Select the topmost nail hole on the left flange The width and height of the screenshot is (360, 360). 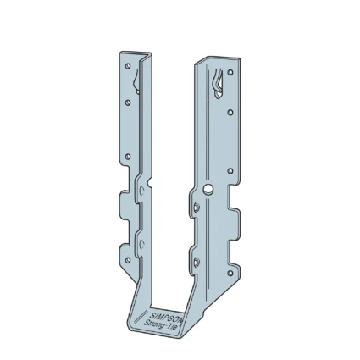pos(127,65)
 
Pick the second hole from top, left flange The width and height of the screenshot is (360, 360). pos(128,102)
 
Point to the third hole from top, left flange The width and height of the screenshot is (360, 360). pos(127,157)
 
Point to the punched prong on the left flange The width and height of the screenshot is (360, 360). pos(137,80)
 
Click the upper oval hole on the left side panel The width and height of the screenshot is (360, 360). pos(141,200)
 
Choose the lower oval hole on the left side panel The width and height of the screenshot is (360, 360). pos(142,246)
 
